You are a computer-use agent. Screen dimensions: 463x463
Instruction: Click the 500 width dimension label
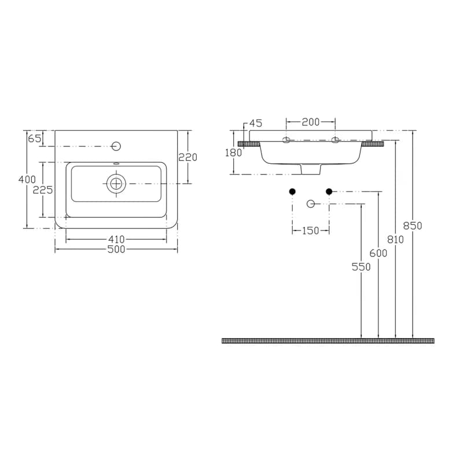116,249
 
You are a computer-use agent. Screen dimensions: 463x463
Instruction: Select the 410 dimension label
116,239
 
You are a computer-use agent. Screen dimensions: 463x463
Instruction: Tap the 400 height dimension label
27,179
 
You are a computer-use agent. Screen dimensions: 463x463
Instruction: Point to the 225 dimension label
43,190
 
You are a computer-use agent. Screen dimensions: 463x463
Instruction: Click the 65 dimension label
34,138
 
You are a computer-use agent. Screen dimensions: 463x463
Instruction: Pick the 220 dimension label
188,157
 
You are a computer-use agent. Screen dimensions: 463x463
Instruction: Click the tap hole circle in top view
116,146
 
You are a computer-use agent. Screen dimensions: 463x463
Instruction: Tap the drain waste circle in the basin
116,183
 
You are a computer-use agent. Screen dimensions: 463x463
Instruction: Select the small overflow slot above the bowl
116,163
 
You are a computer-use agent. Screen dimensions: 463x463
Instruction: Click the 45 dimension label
256,123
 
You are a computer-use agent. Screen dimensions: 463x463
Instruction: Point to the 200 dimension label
311,122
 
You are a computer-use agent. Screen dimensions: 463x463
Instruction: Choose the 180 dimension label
233,153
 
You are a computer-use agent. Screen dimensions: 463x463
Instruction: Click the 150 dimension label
311,230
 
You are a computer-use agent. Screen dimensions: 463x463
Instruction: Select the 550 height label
361,267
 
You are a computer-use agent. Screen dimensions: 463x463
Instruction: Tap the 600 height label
379,253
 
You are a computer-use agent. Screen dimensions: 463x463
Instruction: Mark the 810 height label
395,240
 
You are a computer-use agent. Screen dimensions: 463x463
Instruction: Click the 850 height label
413,226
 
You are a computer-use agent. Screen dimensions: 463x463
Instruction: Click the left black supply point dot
292,192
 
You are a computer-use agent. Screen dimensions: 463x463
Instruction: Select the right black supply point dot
329,192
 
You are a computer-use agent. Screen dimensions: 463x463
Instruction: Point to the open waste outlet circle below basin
311,204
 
